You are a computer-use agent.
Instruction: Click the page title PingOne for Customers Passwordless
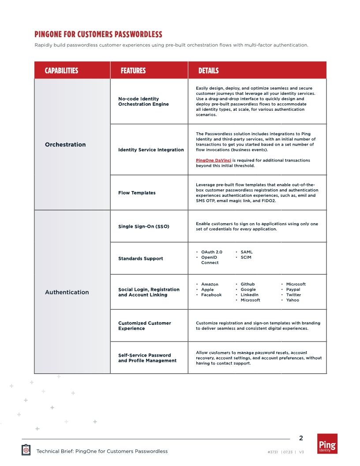click(98, 34)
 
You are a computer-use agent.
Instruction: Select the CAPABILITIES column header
click(61, 71)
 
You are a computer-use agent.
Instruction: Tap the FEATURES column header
click(133, 71)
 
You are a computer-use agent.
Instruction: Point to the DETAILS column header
click(208, 71)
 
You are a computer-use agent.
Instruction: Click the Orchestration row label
click(65, 145)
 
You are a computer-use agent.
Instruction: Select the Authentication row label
click(67, 292)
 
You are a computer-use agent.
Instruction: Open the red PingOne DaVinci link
click(214, 160)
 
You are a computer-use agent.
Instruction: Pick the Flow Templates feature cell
click(137, 193)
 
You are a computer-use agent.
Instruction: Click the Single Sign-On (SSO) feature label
click(143, 226)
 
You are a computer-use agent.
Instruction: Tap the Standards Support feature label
click(140, 259)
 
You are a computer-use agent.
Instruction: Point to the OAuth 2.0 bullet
click(211, 252)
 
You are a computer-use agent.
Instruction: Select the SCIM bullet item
click(246, 257)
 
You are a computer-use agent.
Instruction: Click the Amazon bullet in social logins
click(210, 284)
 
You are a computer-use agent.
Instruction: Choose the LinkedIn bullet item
click(249, 295)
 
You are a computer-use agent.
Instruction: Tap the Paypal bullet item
click(293, 289)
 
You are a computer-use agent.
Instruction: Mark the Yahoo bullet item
click(292, 300)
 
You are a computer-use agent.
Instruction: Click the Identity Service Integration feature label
click(151, 150)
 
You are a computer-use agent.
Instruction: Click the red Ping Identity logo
click(327, 443)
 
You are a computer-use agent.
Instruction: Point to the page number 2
click(301, 438)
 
